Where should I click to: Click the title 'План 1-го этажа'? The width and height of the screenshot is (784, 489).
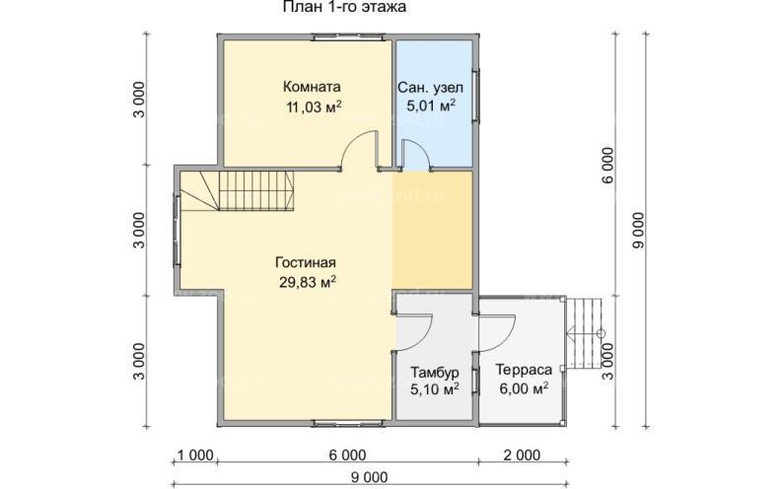(344, 7)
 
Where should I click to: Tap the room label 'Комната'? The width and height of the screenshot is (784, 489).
(312, 87)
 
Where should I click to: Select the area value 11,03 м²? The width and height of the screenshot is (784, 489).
(314, 106)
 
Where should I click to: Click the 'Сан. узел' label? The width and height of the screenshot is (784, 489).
(431, 88)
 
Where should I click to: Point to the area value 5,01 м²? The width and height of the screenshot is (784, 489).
(431, 106)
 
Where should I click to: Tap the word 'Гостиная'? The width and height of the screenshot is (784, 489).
(306, 262)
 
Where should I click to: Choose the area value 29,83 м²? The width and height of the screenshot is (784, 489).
(308, 283)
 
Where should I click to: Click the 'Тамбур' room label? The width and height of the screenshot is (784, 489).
(435, 373)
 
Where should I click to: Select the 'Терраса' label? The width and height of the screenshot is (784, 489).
(524, 370)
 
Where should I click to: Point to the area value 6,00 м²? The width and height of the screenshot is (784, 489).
(524, 388)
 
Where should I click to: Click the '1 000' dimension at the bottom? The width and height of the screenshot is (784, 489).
(196, 455)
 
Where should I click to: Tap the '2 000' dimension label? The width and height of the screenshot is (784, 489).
(522, 455)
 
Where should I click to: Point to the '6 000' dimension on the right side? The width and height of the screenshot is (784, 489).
(608, 166)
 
